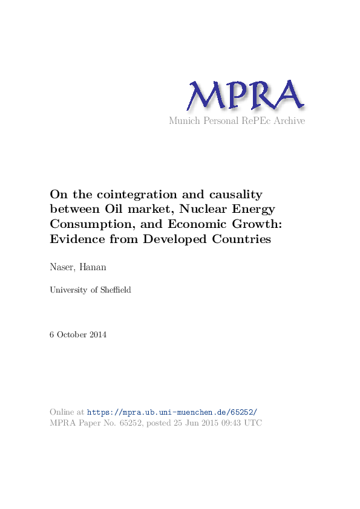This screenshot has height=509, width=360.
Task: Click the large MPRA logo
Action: coord(244,96)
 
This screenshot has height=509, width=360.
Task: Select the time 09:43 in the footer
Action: coord(231,423)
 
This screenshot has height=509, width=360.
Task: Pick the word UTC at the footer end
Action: coord(254,423)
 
